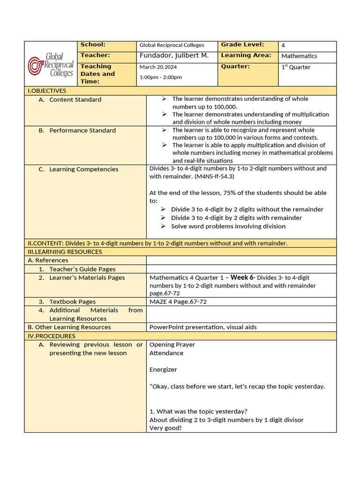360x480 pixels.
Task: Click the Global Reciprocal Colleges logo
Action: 51,64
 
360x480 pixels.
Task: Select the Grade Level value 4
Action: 283,45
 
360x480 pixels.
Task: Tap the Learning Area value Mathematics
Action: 299,56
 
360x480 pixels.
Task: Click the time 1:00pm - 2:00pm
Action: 161,77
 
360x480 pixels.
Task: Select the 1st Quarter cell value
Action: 296,67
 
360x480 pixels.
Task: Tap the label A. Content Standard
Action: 75,100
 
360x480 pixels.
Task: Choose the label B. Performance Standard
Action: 82,130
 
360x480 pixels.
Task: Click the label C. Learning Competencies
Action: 83,169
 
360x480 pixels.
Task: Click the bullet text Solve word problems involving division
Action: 228,226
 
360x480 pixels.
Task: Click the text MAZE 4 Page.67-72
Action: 178,302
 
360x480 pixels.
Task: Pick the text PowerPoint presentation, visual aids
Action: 203,327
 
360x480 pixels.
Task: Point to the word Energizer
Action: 163,370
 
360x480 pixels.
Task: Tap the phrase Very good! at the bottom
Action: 165,428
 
